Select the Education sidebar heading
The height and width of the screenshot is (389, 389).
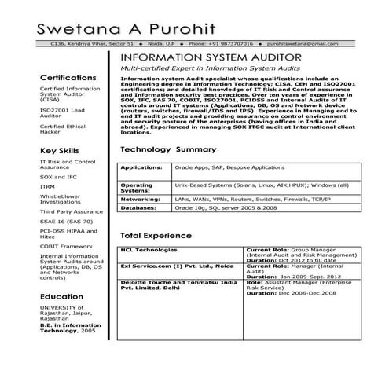click(x=61, y=296)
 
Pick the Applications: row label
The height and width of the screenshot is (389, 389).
click(x=141, y=167)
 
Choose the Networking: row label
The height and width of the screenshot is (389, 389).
click(x=141, y=199)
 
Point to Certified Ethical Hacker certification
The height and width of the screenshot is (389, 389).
click(x=61, y=130)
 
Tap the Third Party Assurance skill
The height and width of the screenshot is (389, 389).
click(x=71, y=211)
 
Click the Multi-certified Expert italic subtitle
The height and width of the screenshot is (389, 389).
click(x=212, y=69)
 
